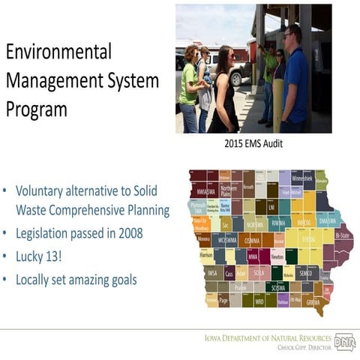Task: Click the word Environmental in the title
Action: click(58, 52)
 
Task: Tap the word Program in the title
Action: click(37, 109)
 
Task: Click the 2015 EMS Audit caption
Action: click(253, 142)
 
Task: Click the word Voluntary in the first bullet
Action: click(46, 190)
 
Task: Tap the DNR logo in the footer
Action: click(345, 342)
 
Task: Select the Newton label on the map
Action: click(277, 256)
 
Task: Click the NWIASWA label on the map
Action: click(201, 190)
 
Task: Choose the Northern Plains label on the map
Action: click(228, 190)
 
